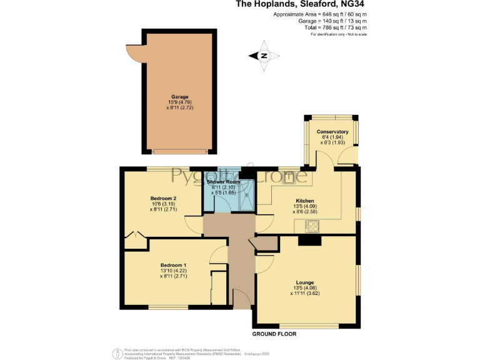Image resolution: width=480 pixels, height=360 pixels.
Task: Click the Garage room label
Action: [x=181, y=97]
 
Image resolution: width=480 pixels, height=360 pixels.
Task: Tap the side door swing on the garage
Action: [x=134, y=53]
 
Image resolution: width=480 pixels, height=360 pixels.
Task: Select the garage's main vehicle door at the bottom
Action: [x=181, y=151]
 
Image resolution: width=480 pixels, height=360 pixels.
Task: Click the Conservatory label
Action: [x=332, y=132]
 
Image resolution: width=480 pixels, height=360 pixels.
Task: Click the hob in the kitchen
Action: [x=312, y=226]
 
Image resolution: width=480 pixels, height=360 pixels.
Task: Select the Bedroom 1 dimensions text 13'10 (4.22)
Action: [x=172, y=270]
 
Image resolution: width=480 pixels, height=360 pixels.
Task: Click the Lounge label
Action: [x=305, y=282]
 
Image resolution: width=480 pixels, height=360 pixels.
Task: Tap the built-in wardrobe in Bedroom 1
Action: [x=218, y=287]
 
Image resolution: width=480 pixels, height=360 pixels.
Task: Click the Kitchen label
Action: [x=304, y=201]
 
